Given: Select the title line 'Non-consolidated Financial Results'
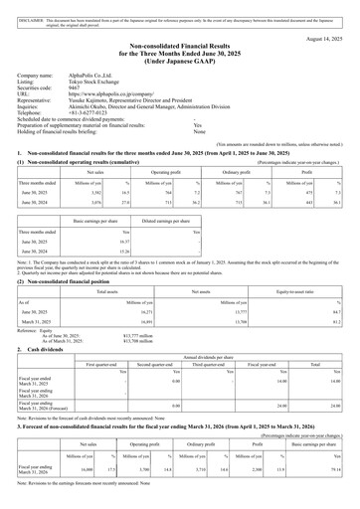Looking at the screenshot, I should point(180,47).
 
